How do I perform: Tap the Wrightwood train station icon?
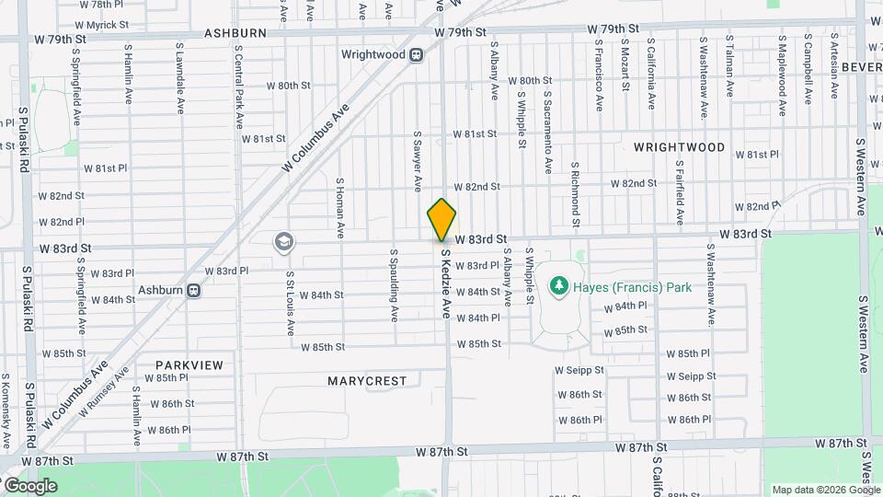(417, 54)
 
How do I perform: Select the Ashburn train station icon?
(194, 291)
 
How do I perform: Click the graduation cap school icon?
(284, 242)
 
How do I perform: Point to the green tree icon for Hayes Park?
(558, 287)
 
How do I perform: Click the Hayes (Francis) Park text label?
(632, 287)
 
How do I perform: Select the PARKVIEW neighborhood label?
(189, 365)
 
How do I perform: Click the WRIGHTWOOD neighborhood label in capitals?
(679, 147)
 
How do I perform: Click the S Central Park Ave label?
(238, 87)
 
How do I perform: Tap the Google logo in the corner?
(29, 486)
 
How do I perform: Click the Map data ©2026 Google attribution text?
(825, 490)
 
